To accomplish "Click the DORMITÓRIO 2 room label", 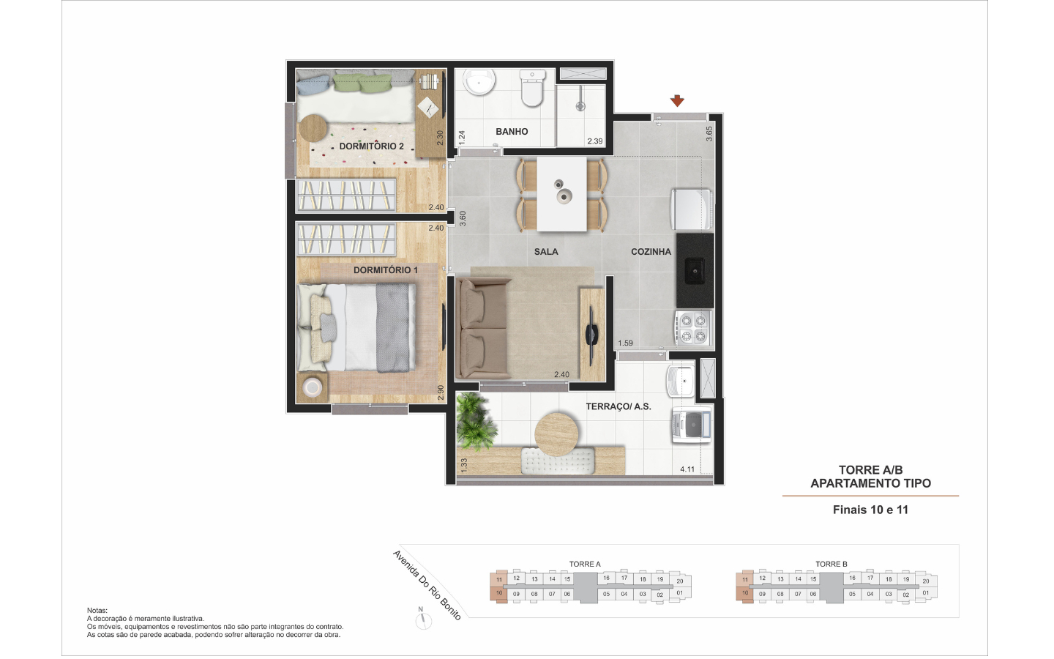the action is point(371,146).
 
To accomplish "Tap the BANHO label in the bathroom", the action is point(512,132).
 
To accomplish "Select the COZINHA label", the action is point(651,252).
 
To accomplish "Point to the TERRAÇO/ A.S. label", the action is point(618,406).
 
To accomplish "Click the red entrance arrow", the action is point(677,100).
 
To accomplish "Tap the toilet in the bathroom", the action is point(532,88).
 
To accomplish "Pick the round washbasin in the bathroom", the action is point(479,82).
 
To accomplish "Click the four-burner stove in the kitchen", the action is point(694,329).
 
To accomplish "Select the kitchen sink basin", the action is point(695,270).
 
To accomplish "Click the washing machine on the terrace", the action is point(691,425).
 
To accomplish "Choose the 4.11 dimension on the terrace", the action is point(687,469).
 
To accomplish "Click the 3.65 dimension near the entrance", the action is point(709,134).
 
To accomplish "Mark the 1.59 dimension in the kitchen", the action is point(625,343).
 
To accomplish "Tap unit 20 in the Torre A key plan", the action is point(680,581).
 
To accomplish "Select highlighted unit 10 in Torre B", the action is point(745,594).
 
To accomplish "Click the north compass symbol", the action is point(424,620).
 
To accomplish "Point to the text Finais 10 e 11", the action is point(870,510).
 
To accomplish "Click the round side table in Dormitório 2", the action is point(313,128).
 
